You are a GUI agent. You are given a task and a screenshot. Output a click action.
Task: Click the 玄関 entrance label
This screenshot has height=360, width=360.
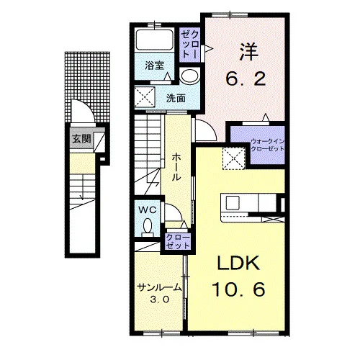(81, 139)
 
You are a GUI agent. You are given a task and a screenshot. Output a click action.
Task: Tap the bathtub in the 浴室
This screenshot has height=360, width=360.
(155, 40)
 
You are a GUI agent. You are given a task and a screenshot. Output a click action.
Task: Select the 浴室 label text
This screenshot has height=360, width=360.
(154, 66)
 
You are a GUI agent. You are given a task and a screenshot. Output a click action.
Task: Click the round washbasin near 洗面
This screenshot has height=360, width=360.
(189, 76)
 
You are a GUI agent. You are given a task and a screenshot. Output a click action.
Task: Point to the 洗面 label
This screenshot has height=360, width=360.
(176, 98)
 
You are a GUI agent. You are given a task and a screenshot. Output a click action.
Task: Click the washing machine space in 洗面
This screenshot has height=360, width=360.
(145, 96)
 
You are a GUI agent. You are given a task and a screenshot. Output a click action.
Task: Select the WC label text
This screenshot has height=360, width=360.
(148, 210)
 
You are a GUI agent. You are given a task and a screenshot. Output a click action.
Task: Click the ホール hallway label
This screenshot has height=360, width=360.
(176, 167)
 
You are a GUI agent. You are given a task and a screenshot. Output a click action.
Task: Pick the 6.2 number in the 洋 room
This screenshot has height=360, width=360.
(246, 78)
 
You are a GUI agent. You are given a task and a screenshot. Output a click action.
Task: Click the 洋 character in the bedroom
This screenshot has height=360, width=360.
(248, 52)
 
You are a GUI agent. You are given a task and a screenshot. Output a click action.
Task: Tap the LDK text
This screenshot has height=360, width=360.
(238, 263)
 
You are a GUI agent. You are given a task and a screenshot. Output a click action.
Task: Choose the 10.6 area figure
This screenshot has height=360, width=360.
(238, 289)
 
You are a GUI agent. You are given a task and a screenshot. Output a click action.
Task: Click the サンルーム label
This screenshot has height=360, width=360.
(159, 287)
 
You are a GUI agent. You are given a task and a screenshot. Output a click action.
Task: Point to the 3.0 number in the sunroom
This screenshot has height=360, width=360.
(160, 300)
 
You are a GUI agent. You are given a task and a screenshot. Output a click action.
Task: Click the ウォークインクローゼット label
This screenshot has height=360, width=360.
(267, 145)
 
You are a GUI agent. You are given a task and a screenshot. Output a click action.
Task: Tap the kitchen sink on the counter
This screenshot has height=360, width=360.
(233, 203)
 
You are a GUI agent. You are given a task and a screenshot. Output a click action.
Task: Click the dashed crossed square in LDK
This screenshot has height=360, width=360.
(234, 158)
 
